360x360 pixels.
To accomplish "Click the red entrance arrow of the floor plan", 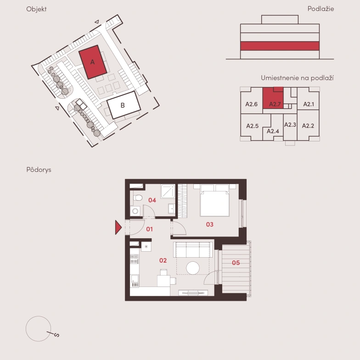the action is click(118, 227).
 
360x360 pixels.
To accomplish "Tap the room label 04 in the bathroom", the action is click(152, 200).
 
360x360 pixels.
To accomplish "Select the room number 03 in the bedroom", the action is click(209, 224).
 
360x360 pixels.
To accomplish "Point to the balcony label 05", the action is click(236, 263).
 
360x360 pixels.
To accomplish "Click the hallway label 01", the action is click(150, 229).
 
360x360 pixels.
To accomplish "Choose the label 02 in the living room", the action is click(163, 260).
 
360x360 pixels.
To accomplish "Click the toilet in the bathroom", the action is click(137, 197).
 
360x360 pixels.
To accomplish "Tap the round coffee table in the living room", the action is click(193, 268).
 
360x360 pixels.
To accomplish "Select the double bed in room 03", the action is click(214, 201).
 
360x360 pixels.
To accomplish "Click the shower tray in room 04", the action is click(168, 191).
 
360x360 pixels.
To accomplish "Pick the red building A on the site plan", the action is click(93, 62).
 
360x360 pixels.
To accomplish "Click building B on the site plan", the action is click(124, 105).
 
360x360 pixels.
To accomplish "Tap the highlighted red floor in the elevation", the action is click(280, 46).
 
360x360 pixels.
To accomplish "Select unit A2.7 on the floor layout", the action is click(273, 98).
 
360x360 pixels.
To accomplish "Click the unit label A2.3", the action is click(290, 125).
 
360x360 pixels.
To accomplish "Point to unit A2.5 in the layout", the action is click(253, 126).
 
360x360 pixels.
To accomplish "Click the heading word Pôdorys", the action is click(39, 170).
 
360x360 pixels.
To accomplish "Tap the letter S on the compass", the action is click(56, 335).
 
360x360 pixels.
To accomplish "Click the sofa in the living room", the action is click(193, 250).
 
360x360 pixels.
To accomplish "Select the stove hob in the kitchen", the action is click(134, 259).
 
